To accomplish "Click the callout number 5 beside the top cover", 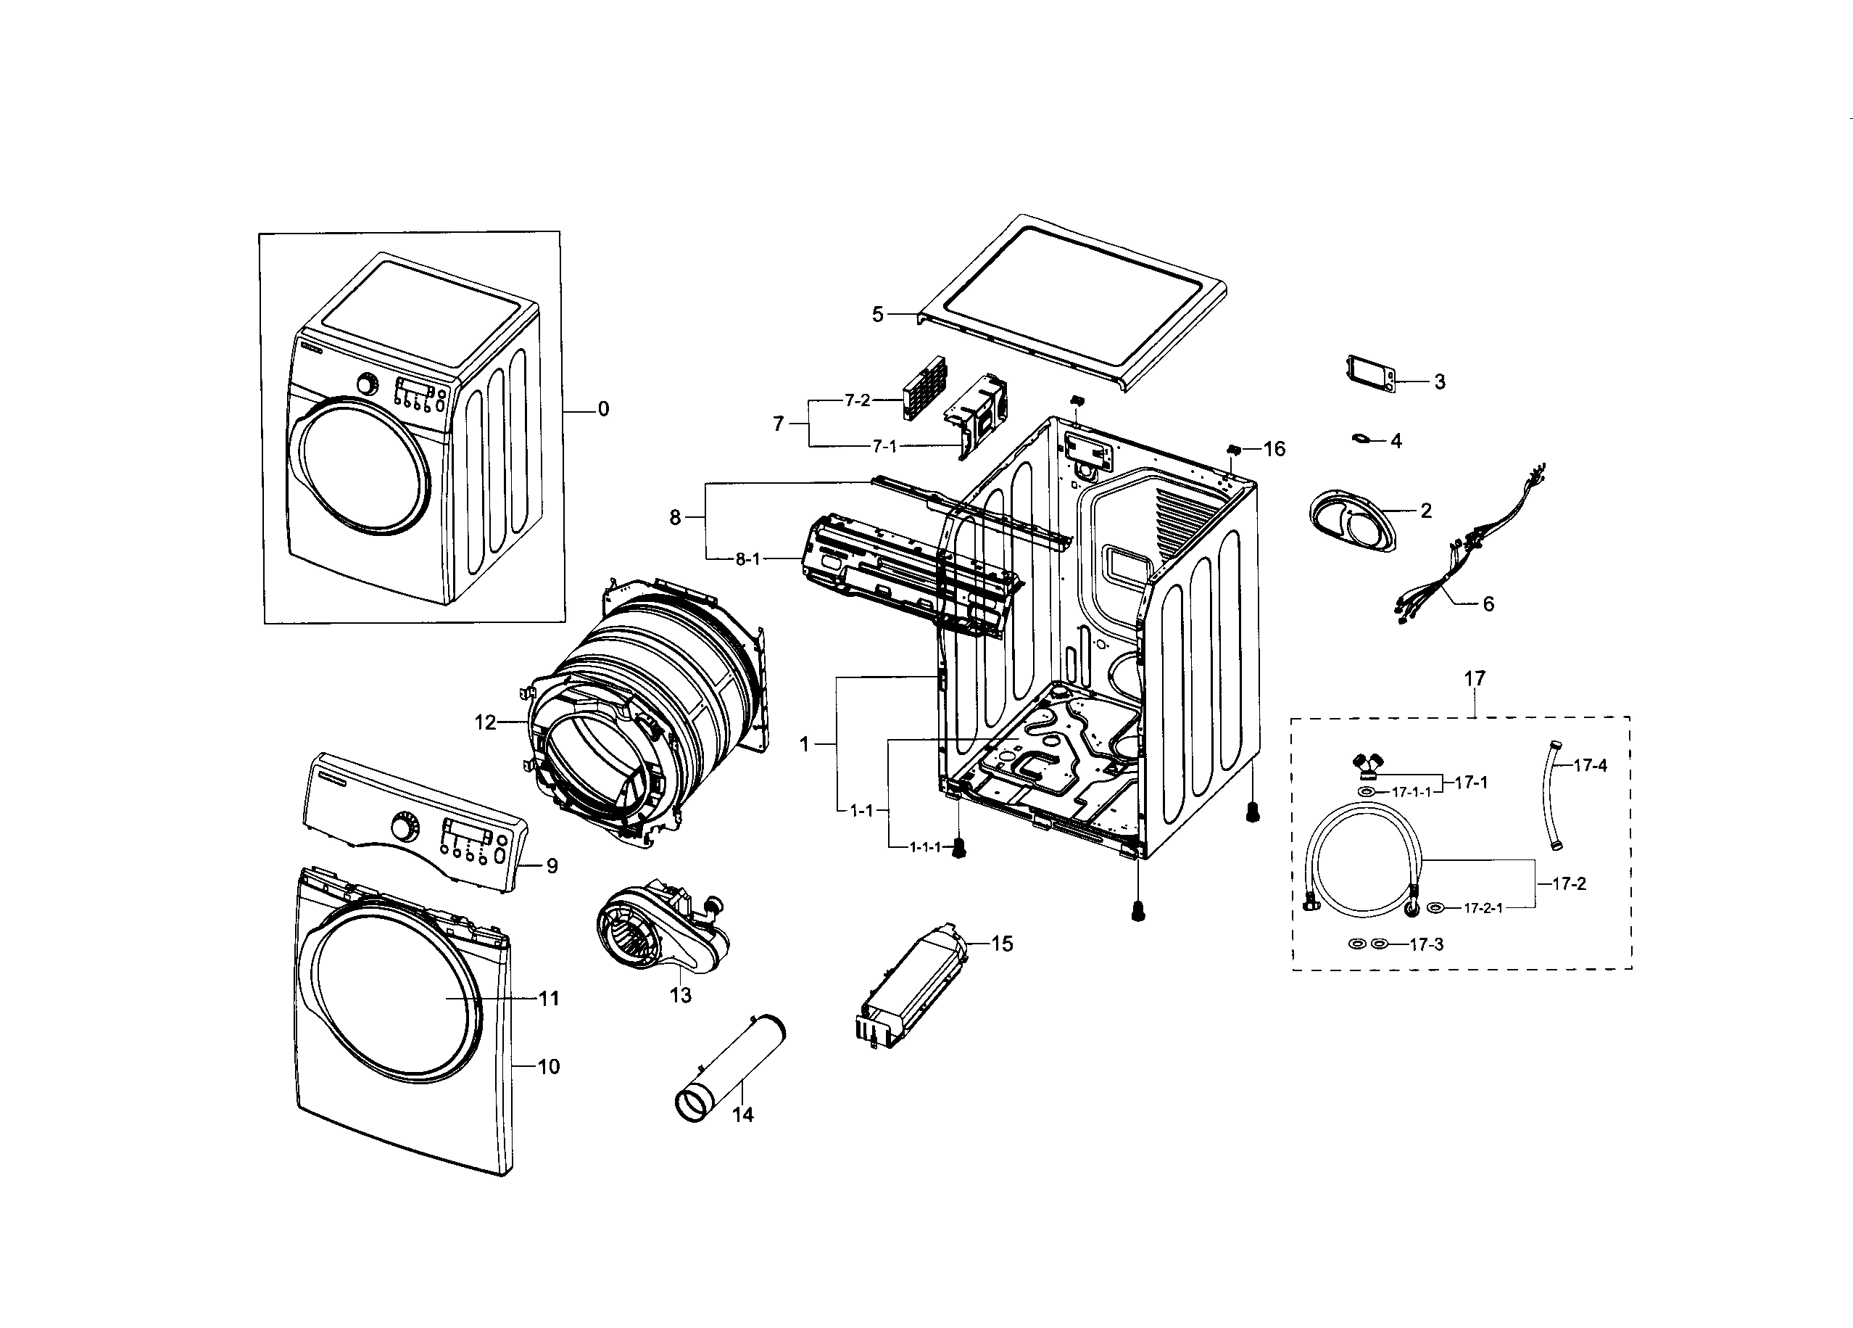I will (877, 315).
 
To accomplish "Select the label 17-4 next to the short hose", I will (1590, 766).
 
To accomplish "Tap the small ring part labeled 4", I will (1362, 439).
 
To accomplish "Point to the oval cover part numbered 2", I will (1352, 524).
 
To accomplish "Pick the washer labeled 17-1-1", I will (1367, 793).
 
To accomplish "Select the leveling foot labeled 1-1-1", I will (959, 849).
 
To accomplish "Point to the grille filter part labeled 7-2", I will (923, 389).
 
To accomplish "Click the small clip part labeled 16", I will (1234, 449).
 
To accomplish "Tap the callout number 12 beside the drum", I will (485, 722).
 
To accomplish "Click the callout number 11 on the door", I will (548, 998).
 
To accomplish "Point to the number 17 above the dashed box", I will (1474, 678).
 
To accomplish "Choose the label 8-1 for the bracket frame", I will (747, 559).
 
